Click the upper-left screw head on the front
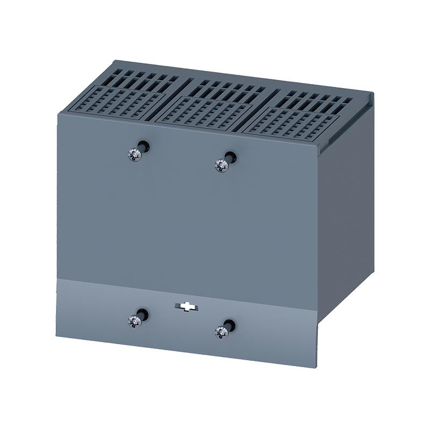coord(135,155)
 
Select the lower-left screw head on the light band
coord(134,321)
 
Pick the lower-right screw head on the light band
coord(221,332)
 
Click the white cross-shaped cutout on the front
coord(186,307)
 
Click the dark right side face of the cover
coord(344,215)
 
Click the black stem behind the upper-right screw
coord(230,157)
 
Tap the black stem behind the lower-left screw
coord(142,313)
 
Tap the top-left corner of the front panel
coord(58,111)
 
